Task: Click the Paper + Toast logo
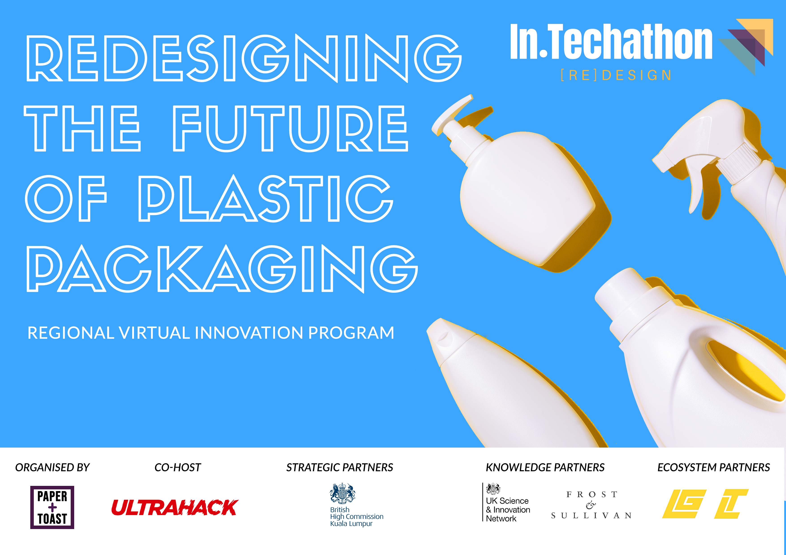tap(52, 508)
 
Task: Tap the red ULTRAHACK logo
tap(175, 508)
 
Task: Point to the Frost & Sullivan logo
tap(591, 505)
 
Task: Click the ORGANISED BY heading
tap(52, 467)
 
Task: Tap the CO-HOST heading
tap(178, 467)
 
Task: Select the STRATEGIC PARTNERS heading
tap(340, 467)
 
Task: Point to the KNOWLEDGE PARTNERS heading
tap(545, 467)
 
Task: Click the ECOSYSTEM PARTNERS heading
tap(713, 467)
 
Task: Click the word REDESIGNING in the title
tap(244, 58)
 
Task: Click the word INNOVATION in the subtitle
tap(249, 333)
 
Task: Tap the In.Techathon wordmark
tap(611, 41)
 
